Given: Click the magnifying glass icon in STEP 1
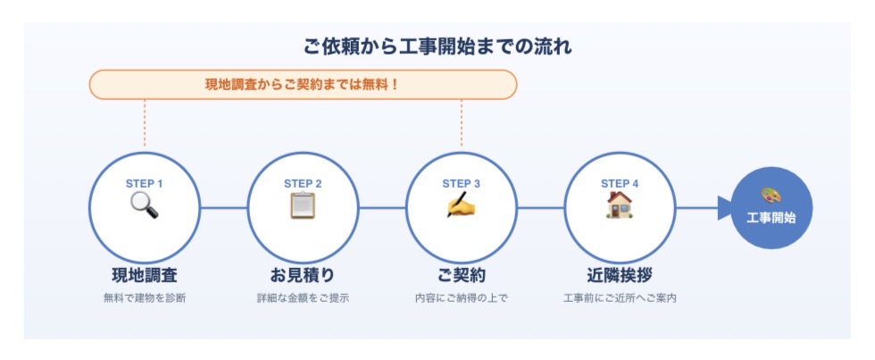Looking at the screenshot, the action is point(144,205).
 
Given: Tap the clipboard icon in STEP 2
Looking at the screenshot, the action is point(303,205).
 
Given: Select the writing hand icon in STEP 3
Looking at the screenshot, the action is point(461,205).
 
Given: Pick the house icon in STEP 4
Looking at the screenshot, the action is point(620,205).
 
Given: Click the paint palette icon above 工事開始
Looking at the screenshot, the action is point(771,196).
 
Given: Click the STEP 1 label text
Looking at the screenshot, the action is point(145,184).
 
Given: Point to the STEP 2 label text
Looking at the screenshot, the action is point(303,184).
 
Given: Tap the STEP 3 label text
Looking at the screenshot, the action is point(461,184).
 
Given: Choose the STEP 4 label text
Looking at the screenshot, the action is point(620,184).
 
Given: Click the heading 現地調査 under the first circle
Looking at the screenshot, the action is point(145,275).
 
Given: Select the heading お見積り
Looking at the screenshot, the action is point(303,275).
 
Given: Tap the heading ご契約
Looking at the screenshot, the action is point(461,275).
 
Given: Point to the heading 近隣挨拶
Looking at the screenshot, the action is point(620,275).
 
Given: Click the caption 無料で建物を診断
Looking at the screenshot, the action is point(145,298).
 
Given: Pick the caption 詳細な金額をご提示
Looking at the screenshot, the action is point(303,298).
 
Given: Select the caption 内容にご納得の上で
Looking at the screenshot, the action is point(461,298).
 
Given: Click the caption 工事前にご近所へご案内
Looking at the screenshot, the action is point(620,298).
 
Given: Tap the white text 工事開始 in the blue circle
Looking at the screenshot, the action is point(771,218).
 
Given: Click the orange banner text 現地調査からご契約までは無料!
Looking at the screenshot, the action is point(303,86).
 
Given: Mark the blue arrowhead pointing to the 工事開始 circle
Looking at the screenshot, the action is point(724,208).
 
